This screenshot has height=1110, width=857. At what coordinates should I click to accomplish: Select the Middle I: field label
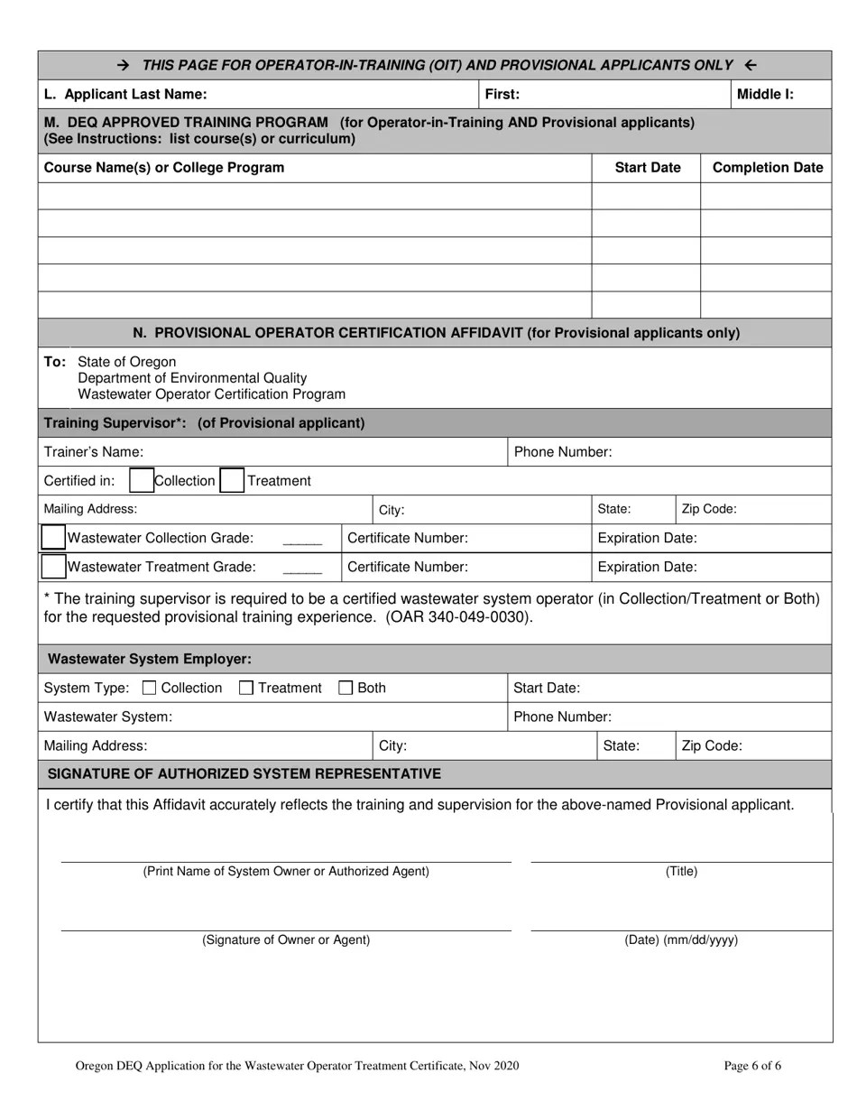pos(765,94)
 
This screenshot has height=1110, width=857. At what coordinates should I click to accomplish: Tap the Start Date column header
pos(647,167)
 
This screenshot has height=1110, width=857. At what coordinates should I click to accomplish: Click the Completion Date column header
pos(767,167)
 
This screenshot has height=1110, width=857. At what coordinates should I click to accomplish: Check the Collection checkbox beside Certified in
pos(141,480)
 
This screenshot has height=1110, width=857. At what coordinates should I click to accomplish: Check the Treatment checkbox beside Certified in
pos(232,480)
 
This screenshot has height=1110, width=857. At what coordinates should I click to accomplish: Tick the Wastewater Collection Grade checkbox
pos(54,538)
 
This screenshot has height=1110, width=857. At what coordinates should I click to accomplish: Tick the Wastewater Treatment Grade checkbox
pos(54,567)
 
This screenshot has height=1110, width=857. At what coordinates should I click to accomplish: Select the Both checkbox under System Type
pos(346,688)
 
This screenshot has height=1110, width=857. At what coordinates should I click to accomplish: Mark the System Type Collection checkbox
pos(150,688)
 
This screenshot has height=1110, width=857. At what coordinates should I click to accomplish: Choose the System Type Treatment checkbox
pos(246,688)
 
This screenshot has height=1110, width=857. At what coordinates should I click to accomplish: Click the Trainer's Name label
pos(94,451)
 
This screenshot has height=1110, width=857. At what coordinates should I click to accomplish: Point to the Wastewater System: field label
pos(107,717)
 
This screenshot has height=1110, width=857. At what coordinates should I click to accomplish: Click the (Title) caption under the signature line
pos(681,871)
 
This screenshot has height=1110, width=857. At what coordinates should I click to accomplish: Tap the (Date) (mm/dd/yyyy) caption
pos(681,939)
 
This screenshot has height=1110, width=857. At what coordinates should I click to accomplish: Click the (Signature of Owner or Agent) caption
pos(286,939)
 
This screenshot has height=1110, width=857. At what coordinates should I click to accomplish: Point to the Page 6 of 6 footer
pos(752,1066)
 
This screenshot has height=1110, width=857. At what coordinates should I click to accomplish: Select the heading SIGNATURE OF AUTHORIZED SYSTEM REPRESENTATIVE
pos(244,773)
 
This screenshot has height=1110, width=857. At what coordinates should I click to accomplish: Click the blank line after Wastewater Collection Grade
pos(302,540)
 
